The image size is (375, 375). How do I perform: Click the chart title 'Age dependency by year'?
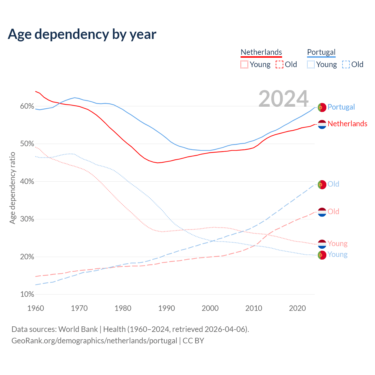(x=82, y=34)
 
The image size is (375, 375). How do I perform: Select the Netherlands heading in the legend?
(x=261, y=52)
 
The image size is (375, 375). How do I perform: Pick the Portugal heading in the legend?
(x=321, y=52)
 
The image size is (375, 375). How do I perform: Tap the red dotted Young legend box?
(x=244, y=64)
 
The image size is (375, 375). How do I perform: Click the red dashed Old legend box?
(x=279, y=64)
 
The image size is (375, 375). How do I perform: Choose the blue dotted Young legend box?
(x=311, y=64)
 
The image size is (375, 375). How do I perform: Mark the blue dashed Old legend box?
(x=346, y=64)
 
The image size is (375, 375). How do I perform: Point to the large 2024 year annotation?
(x=283, y=99)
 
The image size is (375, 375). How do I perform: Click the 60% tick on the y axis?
(x=27, y=106)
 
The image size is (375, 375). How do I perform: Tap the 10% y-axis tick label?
(x=27, y=294)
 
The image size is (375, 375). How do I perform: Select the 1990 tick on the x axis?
(x=166, y=308)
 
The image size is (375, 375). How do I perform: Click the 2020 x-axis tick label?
(x=297, y=308)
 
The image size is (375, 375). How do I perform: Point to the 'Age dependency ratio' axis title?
(x=12, y=188)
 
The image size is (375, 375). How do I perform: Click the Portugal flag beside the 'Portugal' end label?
(x=322, y=107)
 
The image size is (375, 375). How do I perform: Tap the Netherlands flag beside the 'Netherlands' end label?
(x=322, y=124)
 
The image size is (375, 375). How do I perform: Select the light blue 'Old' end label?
(x=333, y=184)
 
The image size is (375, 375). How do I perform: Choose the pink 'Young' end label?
(x=337, y=243)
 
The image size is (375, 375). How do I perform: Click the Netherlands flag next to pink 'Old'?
(x=322, y=212)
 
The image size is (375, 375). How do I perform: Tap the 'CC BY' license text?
(x=193, y=341)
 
